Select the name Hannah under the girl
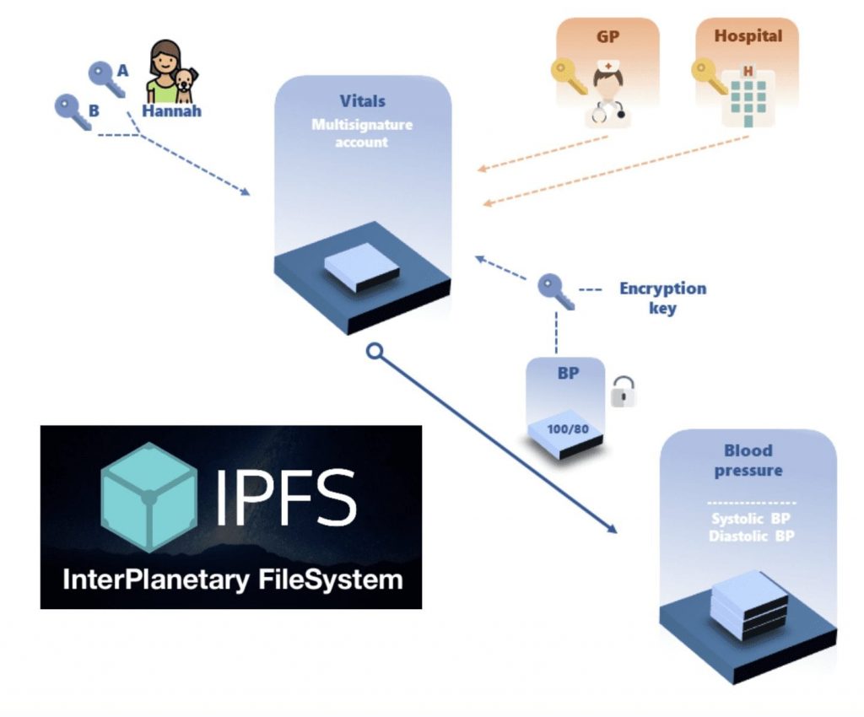pos(171,111)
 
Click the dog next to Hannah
pos(184,85)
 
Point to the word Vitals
pos(362,101)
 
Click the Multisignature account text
pos(362,133)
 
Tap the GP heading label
pos(607,36)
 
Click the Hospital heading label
pos(748,36)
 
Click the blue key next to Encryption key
pos(555,291)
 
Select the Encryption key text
pos(662,298)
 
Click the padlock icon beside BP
pos(623,391)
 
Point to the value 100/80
pos(567,429)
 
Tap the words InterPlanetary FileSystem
pos(231,580)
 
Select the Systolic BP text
pos(751,519)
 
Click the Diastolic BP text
pos(751,536)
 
